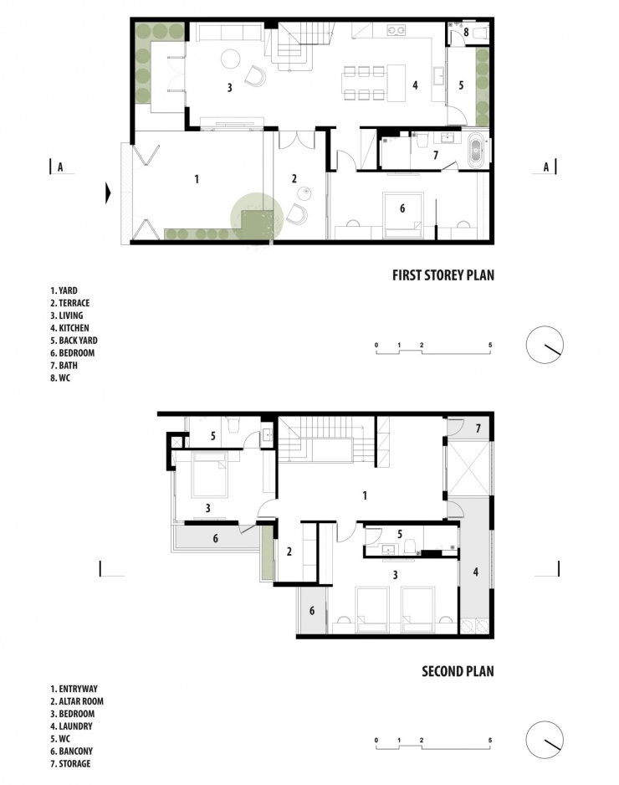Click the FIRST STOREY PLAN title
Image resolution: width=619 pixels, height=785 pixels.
443,274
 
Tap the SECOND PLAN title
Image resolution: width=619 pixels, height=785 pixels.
458,671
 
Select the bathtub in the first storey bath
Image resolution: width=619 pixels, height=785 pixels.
475,150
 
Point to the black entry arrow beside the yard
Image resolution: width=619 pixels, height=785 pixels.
108,193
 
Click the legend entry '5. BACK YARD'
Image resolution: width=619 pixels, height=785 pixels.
74,341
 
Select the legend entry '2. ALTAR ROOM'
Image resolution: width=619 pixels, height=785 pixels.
77,701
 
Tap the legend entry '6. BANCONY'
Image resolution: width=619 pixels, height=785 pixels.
71,751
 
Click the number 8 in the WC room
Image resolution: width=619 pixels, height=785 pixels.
466,33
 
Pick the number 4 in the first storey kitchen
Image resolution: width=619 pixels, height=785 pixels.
415,85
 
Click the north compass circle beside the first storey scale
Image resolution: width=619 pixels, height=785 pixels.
545,345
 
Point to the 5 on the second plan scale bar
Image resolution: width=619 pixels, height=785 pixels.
490,740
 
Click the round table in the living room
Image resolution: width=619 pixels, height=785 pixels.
231,58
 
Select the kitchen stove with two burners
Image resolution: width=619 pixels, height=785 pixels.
396,30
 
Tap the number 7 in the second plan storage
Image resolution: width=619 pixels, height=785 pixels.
478,428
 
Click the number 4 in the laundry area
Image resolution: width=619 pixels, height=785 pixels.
475,572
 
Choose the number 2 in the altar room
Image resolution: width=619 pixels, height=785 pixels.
289,552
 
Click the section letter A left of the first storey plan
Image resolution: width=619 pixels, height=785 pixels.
60,167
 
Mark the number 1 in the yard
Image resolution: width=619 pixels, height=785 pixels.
197,179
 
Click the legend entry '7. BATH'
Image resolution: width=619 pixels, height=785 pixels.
64,366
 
